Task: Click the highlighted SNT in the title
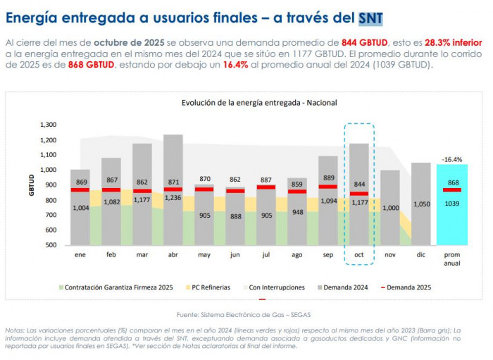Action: click(373, 16)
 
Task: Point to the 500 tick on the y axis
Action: click(49, 245)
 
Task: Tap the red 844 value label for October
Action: click(359, 185)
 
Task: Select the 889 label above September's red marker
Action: click(328, 178)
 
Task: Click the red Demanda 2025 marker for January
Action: click(80, 190)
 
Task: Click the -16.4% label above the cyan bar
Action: click(451, 159)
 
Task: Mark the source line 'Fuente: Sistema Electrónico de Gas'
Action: click(242, 314)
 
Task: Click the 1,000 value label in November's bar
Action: click(389, 208)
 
